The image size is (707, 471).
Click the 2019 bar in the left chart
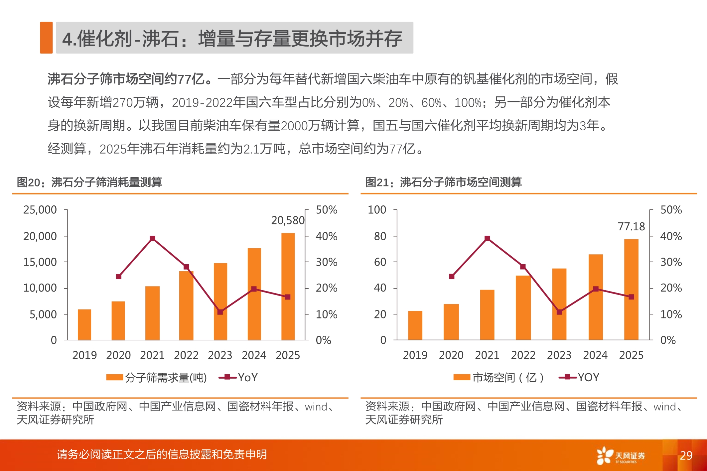click(84, 324)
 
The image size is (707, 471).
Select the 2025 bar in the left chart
click(288, 286)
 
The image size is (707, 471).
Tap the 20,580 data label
click(288, 220)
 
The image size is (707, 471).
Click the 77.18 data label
click(631, 227)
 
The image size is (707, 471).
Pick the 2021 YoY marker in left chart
click(153, 238)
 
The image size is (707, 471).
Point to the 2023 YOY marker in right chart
click(559, 312)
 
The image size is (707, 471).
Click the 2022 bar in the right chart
click(523, 307)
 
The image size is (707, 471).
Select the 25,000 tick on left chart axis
click(40, 210)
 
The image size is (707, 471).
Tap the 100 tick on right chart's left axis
click(377, 210)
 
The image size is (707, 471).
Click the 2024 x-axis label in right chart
click(595, 355)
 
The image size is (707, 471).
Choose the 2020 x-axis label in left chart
click(118, 355)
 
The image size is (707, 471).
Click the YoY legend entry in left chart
click(238, 378)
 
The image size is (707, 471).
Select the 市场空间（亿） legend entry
click(499, 378)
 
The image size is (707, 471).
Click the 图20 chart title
click(89, 182)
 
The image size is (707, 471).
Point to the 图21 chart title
click(443, 182)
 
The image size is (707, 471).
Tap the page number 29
click(686, 455)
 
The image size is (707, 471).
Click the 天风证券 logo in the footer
click(621, 456)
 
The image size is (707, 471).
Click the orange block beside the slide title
click(46, 38)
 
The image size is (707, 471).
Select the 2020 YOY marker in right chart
click(452, 277)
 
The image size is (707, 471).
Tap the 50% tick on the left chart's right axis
click(326, 210)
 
